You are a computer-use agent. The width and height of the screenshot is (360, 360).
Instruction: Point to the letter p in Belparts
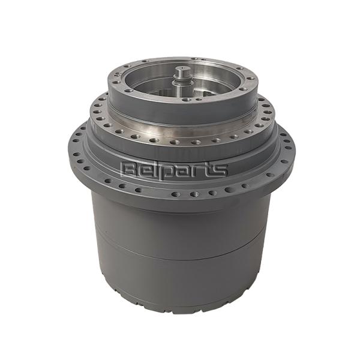click(167, 172)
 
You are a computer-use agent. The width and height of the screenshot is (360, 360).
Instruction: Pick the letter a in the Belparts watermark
click(181, 171)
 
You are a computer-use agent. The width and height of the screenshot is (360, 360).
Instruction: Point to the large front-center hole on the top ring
click(184, 100)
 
